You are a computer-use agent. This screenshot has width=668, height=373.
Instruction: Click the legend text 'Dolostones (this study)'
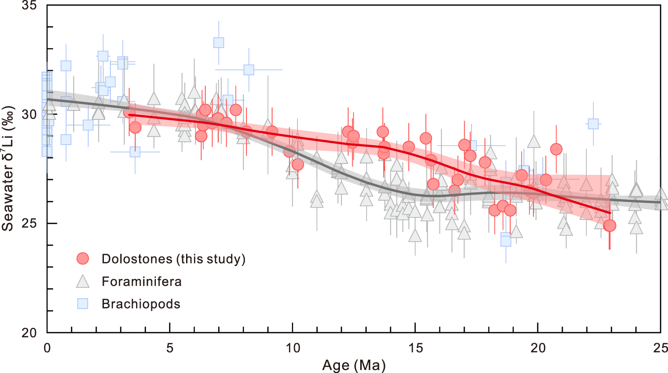(173, 259)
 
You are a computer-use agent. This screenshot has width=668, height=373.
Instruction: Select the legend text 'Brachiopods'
(141, 304)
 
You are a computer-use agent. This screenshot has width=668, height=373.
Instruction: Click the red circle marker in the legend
(83, 258)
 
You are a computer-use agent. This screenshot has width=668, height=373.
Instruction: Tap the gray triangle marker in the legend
(83, 281)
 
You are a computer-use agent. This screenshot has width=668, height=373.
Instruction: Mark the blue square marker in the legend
(83, 304)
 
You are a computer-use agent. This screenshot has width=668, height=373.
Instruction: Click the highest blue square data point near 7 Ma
(219, 43)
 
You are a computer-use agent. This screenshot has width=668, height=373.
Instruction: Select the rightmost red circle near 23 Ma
(610, 226)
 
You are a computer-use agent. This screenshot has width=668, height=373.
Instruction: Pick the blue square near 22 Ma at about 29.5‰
(593, 124)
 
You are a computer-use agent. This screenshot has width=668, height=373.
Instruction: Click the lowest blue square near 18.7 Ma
(506, 240)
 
